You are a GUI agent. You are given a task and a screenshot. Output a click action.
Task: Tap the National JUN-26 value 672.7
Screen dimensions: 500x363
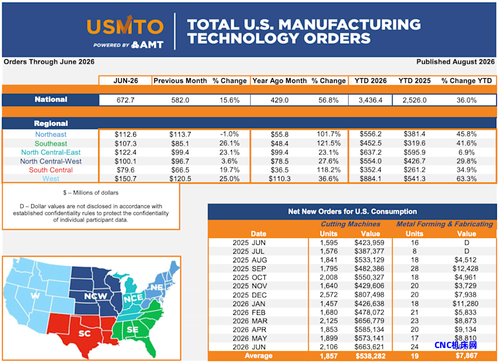click(x=126, y=100)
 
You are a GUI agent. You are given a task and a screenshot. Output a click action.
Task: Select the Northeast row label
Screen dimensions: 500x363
click(x=51, y=134)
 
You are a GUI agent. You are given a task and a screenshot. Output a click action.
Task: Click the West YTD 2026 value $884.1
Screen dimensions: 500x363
click(x=370, y=179)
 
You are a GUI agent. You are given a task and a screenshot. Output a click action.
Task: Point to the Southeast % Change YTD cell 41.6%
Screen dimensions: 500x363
click(x=466, y=144)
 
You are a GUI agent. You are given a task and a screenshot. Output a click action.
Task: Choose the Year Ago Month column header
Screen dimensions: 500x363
click(x=279, y=81)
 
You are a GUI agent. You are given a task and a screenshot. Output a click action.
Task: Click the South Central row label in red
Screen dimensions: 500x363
click(x=51, y=170)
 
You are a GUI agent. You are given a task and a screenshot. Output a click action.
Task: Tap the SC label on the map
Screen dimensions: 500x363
click(x=84, y=334)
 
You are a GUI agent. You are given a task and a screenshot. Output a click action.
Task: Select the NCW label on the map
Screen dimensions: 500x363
click(x=96, y=296)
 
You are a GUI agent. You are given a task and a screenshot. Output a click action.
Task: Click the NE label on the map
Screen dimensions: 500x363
click(x=157, y=287)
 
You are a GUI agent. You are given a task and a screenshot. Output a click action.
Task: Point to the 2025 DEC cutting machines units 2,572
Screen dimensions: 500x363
click(x=329, y=295)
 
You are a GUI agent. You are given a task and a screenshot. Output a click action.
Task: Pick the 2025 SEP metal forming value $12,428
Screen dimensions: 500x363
click(x=465, y=269)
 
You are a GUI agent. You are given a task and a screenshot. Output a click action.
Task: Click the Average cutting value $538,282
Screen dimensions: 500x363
click(x=370, y=356)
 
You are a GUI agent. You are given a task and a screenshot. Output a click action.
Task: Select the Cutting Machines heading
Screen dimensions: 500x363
click(x=350, y=224)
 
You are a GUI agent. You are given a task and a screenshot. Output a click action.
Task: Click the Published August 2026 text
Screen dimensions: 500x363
click(x=456, y=62)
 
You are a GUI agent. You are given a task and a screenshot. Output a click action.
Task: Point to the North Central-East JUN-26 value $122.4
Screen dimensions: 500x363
click(x=126, y=152)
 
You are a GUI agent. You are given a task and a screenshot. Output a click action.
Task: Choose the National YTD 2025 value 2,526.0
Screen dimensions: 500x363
click(x=414, y=100)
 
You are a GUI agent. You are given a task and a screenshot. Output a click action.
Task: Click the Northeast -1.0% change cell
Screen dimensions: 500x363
click(x=229, y=134)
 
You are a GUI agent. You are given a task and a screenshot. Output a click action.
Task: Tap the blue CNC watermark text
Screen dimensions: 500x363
click(x=456, y=345)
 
